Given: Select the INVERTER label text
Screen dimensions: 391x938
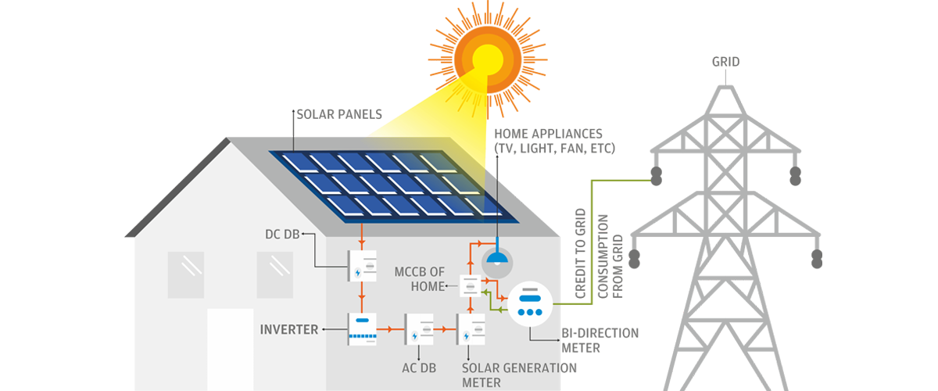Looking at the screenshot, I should [x=289, y=329].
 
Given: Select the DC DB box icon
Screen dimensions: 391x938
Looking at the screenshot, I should [x=362, y=264].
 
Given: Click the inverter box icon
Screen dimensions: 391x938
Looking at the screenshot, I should [x=362, y=329].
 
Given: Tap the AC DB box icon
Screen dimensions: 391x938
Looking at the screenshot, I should [x=417, y=329].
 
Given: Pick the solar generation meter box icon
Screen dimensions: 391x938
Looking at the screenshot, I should [x=471, y=329].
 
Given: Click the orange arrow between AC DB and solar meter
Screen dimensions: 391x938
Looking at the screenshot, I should [x=445, y=329].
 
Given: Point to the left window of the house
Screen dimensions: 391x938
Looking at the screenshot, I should [x=186, y=274].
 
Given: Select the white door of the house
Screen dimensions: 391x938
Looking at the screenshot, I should [x=230, y=349].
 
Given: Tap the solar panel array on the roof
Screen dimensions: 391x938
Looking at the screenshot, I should [x=391, y=184].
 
